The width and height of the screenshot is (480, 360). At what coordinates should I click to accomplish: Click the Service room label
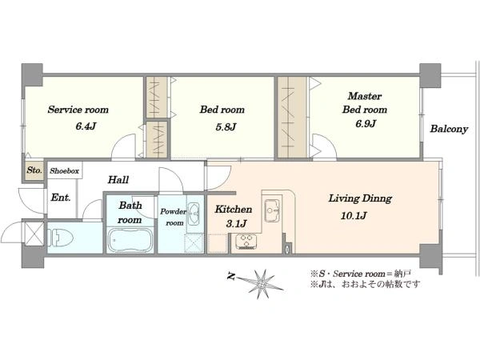[78, 110]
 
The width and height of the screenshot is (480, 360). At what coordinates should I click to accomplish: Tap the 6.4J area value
[86, 126]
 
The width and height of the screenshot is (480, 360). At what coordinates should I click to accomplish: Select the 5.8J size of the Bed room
[226, 126]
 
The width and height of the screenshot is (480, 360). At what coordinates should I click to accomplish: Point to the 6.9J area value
[366, 124]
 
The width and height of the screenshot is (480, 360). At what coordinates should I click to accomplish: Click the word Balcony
[449, 129]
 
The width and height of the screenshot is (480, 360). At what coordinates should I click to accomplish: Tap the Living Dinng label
[360, 198]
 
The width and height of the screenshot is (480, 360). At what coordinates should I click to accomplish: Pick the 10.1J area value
[354, 216]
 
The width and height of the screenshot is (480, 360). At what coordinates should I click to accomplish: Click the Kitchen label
[234, 210]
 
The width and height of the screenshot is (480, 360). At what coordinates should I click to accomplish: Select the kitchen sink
[272, 210]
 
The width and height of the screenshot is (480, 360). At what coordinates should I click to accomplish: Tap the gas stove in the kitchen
[246, 241]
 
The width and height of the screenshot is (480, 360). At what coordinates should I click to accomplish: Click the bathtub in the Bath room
[130, 240]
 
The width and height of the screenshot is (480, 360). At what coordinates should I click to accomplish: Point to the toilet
[61, 238]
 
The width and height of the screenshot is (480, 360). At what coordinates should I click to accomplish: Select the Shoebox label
[64, 171]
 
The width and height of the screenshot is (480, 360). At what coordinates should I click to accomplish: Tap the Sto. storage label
[34, 170]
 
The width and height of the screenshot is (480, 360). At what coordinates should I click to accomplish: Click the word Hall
[118, 180]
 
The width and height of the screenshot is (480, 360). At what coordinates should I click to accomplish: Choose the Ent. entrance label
[61, 198]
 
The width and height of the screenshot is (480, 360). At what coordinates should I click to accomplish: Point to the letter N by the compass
[231, 278]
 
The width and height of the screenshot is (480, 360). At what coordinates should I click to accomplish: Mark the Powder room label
[174, 217]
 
